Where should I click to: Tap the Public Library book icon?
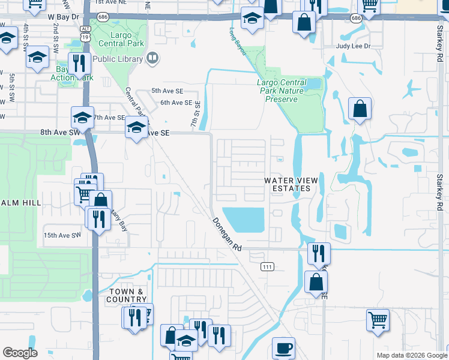click(x=152, y=58)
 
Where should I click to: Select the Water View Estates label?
click(x=289, y=184)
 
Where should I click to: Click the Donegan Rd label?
click(x=226, y=234)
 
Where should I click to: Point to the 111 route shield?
click(x=267, y=266)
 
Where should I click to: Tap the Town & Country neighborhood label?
click(x=127, y=295)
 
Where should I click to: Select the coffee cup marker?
click(x=283, y=348)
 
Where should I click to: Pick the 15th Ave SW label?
click(x=61, y=235)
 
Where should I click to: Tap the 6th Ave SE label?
click(x=176, y=103)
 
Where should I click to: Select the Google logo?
click(x=20, y=353)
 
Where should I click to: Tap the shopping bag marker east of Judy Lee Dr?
click(x=360, y=109)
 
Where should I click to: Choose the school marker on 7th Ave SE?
click(x=82, y=116)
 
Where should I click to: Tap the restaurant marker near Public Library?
click(x=79, y=63)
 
